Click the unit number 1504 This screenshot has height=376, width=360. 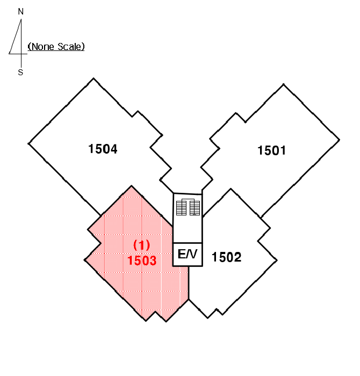tap(103, 149)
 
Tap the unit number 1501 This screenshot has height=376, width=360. tap(271, 150)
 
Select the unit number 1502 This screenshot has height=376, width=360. tap(226, 257)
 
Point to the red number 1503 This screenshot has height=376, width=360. tap(142, 261)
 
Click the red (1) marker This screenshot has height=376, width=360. tap(141, 245)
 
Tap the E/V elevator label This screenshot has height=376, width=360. tap(188, 254)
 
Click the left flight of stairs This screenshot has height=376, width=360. tap(181, 208)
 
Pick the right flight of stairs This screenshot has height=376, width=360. tap(195, 208)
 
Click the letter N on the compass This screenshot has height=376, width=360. tap(21, 11)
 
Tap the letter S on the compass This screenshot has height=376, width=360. tap(20, 72)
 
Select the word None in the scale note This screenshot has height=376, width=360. tap(42, 47)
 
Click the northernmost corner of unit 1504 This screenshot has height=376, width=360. tap(93, 78)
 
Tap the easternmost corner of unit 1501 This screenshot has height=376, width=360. tap(339, 140)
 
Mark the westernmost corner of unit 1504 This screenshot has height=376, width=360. tap(28, 143)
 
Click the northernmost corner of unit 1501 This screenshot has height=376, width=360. tap(284, 84)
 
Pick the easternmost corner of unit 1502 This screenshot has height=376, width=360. tap(277, 260)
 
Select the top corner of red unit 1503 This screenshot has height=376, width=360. tap(132, 186)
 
